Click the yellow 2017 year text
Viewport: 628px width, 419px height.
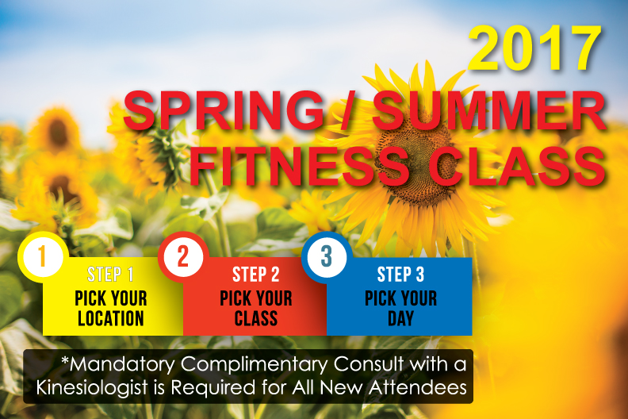point(535,48)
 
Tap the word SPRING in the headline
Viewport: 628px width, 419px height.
point(224,110)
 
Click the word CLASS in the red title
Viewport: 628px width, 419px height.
point(519,166)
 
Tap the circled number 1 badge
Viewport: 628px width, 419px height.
point(43,256)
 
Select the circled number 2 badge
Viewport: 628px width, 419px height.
point(183,256)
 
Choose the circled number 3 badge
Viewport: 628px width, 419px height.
point(327,256)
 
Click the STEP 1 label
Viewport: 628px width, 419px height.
point(110,275)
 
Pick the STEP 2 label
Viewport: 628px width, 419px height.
point(256,275)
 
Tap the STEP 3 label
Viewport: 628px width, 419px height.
point(400,275)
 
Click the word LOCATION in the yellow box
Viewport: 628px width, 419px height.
point(111,318)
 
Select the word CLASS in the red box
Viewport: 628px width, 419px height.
point(256,318)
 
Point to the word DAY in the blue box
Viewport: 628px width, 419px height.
point(401,318)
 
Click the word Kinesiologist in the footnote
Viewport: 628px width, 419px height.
point(92,388)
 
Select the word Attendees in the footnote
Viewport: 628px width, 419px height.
point(418,388)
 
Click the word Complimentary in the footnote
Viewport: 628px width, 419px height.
point(255,365)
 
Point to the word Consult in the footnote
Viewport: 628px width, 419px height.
point(369,364)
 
